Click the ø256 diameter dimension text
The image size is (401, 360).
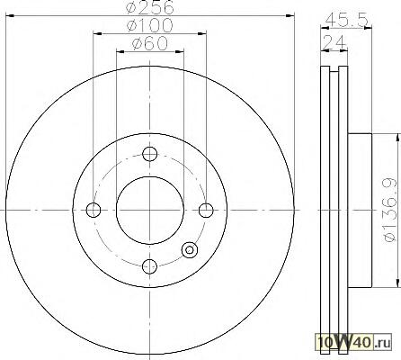click(150, 7)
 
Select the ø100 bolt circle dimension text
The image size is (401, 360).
click(150, 25)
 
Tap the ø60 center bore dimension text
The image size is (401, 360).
click(150, 43)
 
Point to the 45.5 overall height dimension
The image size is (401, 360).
click(346, 20)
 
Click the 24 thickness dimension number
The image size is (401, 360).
click(334, 42)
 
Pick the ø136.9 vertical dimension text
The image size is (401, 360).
click(389, 210)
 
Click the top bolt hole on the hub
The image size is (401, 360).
click(149, 154)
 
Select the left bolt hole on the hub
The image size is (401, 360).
click(94, 210)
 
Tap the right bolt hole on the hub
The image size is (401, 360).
click(206, 210)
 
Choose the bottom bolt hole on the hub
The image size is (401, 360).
click(149, 266)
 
